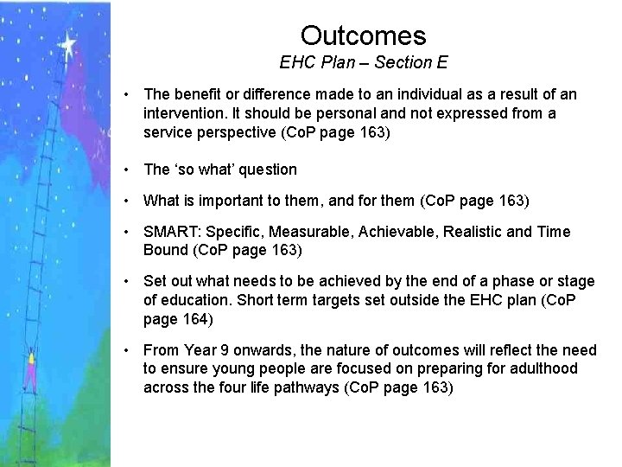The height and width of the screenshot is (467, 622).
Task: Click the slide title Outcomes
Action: [x=363, y=35]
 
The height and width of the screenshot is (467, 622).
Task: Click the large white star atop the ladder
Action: [x=67, y=42]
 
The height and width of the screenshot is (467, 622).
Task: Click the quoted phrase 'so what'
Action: [x=208, y=170]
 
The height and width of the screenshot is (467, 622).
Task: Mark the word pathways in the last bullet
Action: [x=308, y=387]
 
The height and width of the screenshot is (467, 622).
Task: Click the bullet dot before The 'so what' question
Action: [x=126, y=170]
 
